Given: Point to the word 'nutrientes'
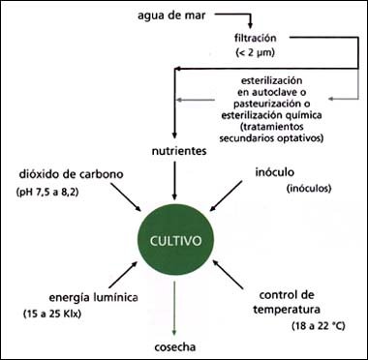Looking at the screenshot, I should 176,152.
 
